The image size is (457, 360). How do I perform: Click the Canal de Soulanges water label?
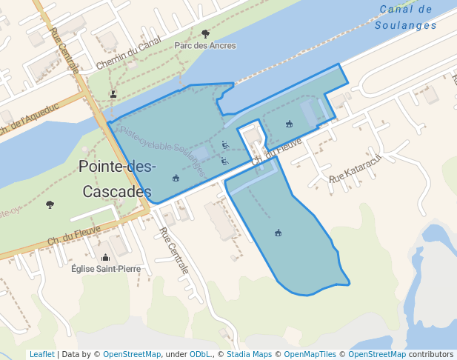coord(405,17)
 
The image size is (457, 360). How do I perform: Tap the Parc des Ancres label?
coord(205,45)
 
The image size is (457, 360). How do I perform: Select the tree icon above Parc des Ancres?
coord(205,33)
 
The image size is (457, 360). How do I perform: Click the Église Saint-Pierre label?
coord(106,269)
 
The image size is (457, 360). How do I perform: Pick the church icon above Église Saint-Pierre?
coord(105,258)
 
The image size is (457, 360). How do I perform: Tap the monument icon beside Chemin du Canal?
coord(113,94)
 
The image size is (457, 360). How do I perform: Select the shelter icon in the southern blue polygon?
coord(278,233)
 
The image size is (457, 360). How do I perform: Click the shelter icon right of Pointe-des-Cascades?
coord(176,178)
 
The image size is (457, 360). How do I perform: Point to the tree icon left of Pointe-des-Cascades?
coord(50,204)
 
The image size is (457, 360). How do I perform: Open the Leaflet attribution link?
coord(41,354)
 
